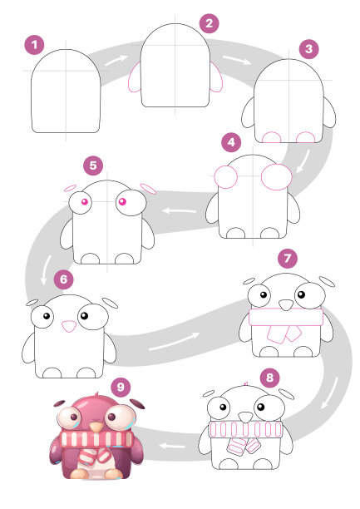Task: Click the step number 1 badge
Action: (34, 45)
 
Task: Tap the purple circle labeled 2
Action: (209, 23)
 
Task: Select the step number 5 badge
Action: (93, 166)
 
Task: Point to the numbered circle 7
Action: (288, 259)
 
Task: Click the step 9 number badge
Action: (121, 387)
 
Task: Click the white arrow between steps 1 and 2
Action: (116, 60)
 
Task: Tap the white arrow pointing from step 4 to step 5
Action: (180, 211)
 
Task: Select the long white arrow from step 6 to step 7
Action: (174, 342)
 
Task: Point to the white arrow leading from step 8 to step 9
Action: (172, 446)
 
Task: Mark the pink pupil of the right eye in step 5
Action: (122, 201)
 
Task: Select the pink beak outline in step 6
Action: (69, 326)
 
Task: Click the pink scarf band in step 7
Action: (286, 317)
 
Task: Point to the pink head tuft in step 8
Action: (246, 383)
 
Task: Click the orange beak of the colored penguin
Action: (96, 426)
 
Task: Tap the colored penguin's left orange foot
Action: (79, 473)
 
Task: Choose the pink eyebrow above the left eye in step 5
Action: (70, 188)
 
